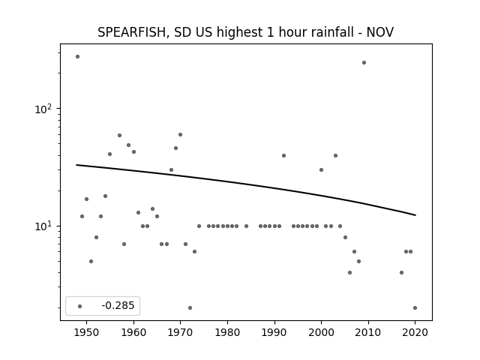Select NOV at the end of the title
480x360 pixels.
pyautogui.click(x=380, y=32)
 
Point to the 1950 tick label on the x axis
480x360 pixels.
pyautogui.click(x=87, y=332)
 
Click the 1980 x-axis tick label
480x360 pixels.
pyautogui.click(x=227, y=332)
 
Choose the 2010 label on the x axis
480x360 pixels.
pyautogui.click(x=368, y=332)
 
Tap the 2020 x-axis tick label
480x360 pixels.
pyautogui.click(x=415, y=332)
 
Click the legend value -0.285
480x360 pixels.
pyautogui.click(x=118, y=305)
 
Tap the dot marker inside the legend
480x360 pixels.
pyautogui.click(x=80, y=306)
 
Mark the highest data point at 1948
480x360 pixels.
pyautogui.click(x=77, y=57)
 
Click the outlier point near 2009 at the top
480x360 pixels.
pyautogui.click(x=364, y=63)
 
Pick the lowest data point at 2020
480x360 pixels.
pyautogui.click(x=415, y=308)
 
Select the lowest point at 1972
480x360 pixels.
pyautogui.click(x=190, y=308)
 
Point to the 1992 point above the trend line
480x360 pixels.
pyautogui.click(x=283, y=155)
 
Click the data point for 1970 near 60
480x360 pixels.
pyautogui.click(x=180, y=135)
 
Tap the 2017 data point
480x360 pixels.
pyautogui.click(x=402, y=272)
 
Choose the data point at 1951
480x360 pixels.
pyautogui.click(x=91, y=262)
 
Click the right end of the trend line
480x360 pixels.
pyautogui.click(x=415, y=215)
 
